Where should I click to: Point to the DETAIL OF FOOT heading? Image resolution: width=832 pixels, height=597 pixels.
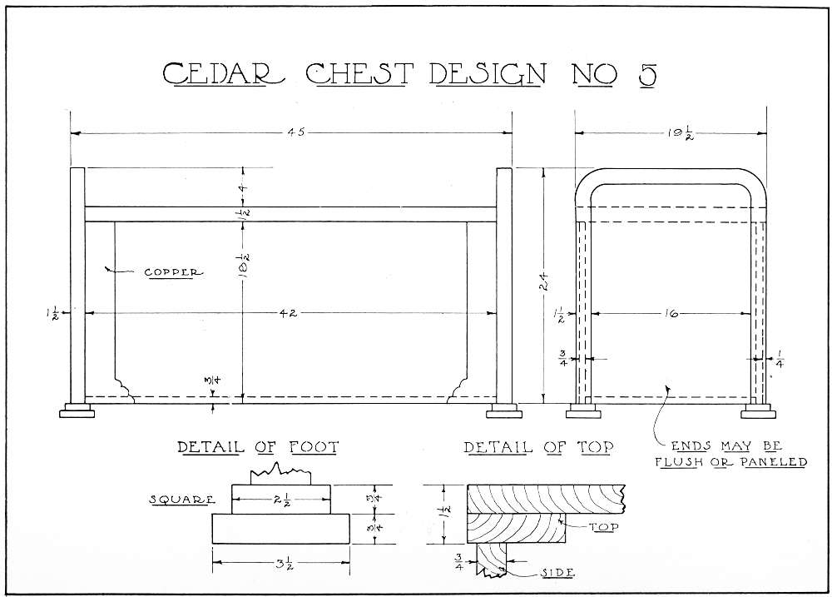pyautogui.click(x=259, y=448)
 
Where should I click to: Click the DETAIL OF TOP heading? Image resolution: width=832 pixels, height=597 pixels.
pyautogui.click(x=538, y=448)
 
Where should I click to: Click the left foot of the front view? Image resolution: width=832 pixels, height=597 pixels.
pyautogui.click(x=77, y=410)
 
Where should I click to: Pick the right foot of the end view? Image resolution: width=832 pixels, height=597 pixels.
pyautogui.click(x=759, y=410)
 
